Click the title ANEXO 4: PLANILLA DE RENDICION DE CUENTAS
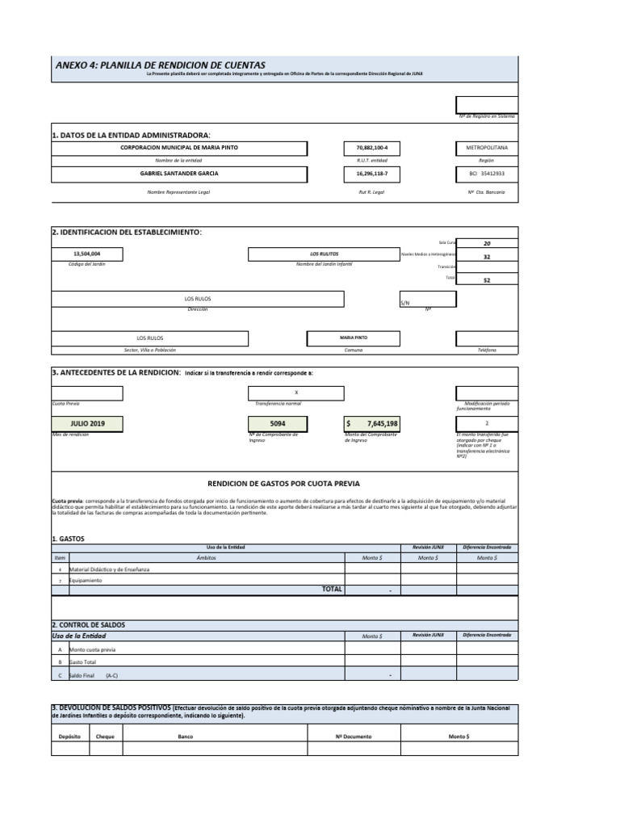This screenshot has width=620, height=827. point(160,65)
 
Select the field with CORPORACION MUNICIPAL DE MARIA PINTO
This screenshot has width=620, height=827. point(179,149)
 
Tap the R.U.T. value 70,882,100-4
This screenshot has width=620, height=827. point(372,149)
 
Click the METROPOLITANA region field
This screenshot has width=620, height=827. point(487,149)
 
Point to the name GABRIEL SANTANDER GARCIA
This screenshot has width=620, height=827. point(179,173)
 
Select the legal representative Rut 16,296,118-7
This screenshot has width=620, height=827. point(372,173)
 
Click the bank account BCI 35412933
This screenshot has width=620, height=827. point(487,173)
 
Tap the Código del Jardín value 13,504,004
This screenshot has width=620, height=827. point(87,254)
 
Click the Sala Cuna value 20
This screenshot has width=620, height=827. point(487,242)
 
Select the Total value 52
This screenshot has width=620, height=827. point(487,280)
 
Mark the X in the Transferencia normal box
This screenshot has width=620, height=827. point(296,393)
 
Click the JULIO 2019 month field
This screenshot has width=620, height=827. point(87,423)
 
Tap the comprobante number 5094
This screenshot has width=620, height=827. point(278,423)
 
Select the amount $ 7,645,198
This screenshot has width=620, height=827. point(372,423)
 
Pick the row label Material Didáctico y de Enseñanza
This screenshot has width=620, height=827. point(110,569)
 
